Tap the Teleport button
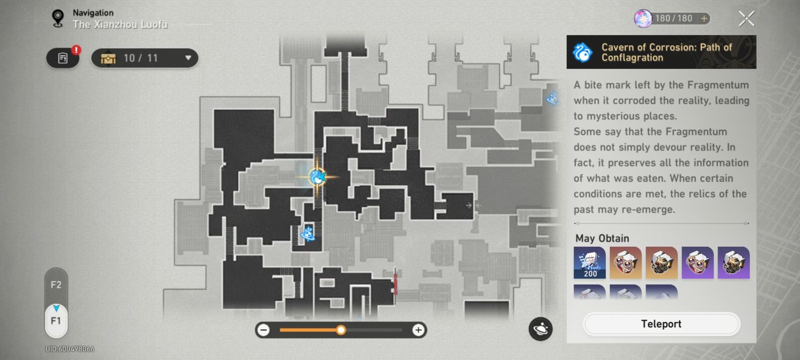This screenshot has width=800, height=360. (661, 324)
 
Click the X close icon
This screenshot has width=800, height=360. (746, 19)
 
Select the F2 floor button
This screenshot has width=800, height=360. (56, 285)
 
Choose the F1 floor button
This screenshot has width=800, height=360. (56, 321)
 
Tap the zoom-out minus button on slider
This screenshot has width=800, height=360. (263, 330)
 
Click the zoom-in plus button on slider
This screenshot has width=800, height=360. (418, 330)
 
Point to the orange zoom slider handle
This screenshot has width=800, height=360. (341, 330)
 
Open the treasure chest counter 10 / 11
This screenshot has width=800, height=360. (145, 58)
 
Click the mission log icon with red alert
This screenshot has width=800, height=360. (63, 58)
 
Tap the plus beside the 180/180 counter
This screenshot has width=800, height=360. (704, 19)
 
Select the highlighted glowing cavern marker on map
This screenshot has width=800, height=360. (317, 177)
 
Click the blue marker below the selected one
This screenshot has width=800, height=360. (307, 233)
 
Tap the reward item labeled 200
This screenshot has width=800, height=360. (590, 262)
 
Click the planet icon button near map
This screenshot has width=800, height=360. (540, 329)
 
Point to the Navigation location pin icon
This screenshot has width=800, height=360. (58, 18)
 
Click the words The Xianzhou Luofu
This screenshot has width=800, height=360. (120, 25)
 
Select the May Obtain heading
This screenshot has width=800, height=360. (602, 238)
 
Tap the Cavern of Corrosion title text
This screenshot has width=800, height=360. (667, 52)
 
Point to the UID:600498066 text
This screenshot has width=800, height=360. (70, 349)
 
